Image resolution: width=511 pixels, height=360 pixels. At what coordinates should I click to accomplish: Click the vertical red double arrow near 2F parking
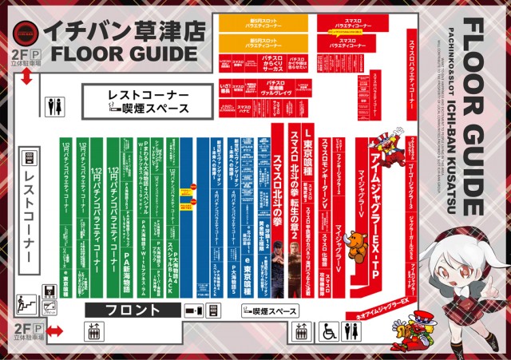click(27, 77)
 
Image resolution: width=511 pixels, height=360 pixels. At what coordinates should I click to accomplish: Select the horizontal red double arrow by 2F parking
click(53, 330)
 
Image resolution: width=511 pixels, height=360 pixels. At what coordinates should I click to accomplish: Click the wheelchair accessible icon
click(327, 331)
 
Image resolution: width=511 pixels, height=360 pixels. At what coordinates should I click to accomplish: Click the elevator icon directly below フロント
click(93, 330)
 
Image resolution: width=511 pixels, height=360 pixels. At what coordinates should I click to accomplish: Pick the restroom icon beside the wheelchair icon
click(350, 331)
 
